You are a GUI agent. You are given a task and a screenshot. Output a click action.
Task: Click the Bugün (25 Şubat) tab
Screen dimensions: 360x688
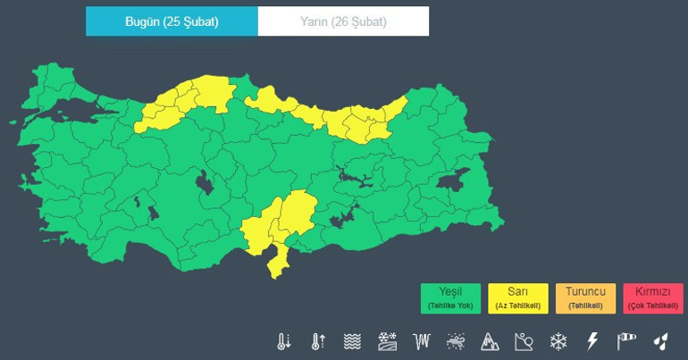[x=172, y=21]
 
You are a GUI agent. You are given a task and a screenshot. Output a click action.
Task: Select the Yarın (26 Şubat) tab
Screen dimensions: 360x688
[x=343, y=21]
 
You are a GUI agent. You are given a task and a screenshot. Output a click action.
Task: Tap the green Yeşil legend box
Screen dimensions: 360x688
[x=450, y=298]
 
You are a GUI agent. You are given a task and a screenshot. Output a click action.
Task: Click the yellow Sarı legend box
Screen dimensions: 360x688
[x=518, y=298]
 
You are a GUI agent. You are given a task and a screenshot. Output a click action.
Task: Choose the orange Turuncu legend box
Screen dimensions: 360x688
[x=585, y=298]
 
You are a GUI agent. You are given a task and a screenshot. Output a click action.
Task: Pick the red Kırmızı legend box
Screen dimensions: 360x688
[x=653, y=298]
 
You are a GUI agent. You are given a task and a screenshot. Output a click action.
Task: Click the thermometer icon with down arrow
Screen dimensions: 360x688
[x=284, y=341]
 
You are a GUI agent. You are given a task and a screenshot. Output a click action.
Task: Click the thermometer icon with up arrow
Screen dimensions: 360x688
[x=318, y=341]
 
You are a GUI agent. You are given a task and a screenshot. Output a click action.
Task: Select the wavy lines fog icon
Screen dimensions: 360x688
[x=353, y=341]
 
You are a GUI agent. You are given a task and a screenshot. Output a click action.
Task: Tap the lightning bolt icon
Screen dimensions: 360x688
[x=592, y=341]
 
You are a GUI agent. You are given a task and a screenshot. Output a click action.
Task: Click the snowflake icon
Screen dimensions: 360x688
[x=558, y=341]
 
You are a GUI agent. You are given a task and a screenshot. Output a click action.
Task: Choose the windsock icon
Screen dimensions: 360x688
[x=626, y=341]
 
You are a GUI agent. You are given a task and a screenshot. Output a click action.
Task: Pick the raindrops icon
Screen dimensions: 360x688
[x=660, y=341]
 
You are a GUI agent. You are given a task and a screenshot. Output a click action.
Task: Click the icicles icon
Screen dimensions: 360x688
[x=422, y=341]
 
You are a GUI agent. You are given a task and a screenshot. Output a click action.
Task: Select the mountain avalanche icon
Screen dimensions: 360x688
[x=490, y=341]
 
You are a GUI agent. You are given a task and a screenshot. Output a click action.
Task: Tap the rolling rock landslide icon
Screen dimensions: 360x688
[x=524, y=341]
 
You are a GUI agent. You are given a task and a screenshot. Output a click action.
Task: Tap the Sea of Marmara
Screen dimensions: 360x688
[x=71, y=113]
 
